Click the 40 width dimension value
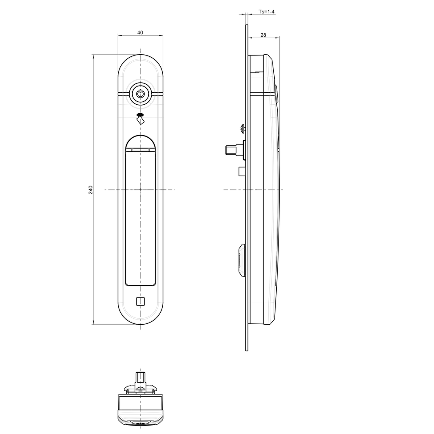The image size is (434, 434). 140,33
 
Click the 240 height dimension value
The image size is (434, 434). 90,190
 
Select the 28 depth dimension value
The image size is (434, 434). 263,35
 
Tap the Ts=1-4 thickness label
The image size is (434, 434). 267,12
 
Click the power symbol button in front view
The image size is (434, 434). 140,93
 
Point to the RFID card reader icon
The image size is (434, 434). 140,119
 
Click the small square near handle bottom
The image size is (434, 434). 140,301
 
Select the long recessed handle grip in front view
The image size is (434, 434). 140,216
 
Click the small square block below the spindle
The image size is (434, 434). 242,172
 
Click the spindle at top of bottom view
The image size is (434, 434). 140,377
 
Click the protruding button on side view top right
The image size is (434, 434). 276,94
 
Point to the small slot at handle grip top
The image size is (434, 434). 140,150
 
